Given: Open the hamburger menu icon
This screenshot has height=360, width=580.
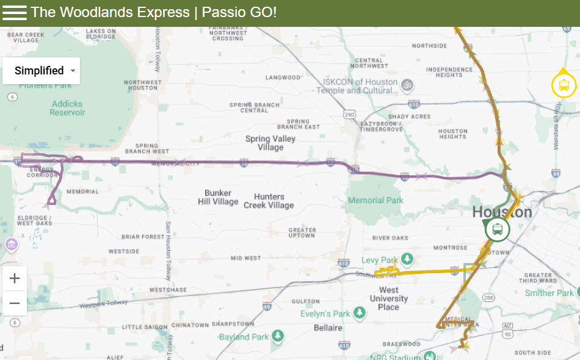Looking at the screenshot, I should coord(15,13).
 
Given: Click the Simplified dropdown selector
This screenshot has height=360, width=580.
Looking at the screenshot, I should coord(41,71).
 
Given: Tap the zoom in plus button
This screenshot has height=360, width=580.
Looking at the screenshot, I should coord(15,279).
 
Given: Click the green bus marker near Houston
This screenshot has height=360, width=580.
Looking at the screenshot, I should coord(498,229).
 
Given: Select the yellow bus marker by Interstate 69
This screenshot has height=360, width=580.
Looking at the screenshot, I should coord(564,85).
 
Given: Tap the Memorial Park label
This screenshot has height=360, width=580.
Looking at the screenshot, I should coord(375,200).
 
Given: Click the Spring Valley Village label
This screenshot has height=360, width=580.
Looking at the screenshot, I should coord(270,143).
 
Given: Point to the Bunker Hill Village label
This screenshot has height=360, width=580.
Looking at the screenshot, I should coord(218,197).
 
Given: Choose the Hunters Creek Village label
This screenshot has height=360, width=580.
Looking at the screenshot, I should coord(269,201).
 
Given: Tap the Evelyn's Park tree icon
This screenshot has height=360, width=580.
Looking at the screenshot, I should coord(360,314).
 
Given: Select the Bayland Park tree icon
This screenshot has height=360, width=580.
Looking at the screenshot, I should coord(278,336).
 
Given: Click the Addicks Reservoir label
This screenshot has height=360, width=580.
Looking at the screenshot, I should coord(68,108).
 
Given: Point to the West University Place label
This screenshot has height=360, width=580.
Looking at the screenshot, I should coord(388,298).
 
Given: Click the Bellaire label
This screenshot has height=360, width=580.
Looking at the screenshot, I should coord(328,328).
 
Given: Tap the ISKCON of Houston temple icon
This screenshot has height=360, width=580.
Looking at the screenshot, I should coord(407,84).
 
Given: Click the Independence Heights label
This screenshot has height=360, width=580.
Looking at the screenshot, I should coord(449,72).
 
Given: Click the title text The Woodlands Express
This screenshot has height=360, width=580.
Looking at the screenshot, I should coord(110,12).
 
